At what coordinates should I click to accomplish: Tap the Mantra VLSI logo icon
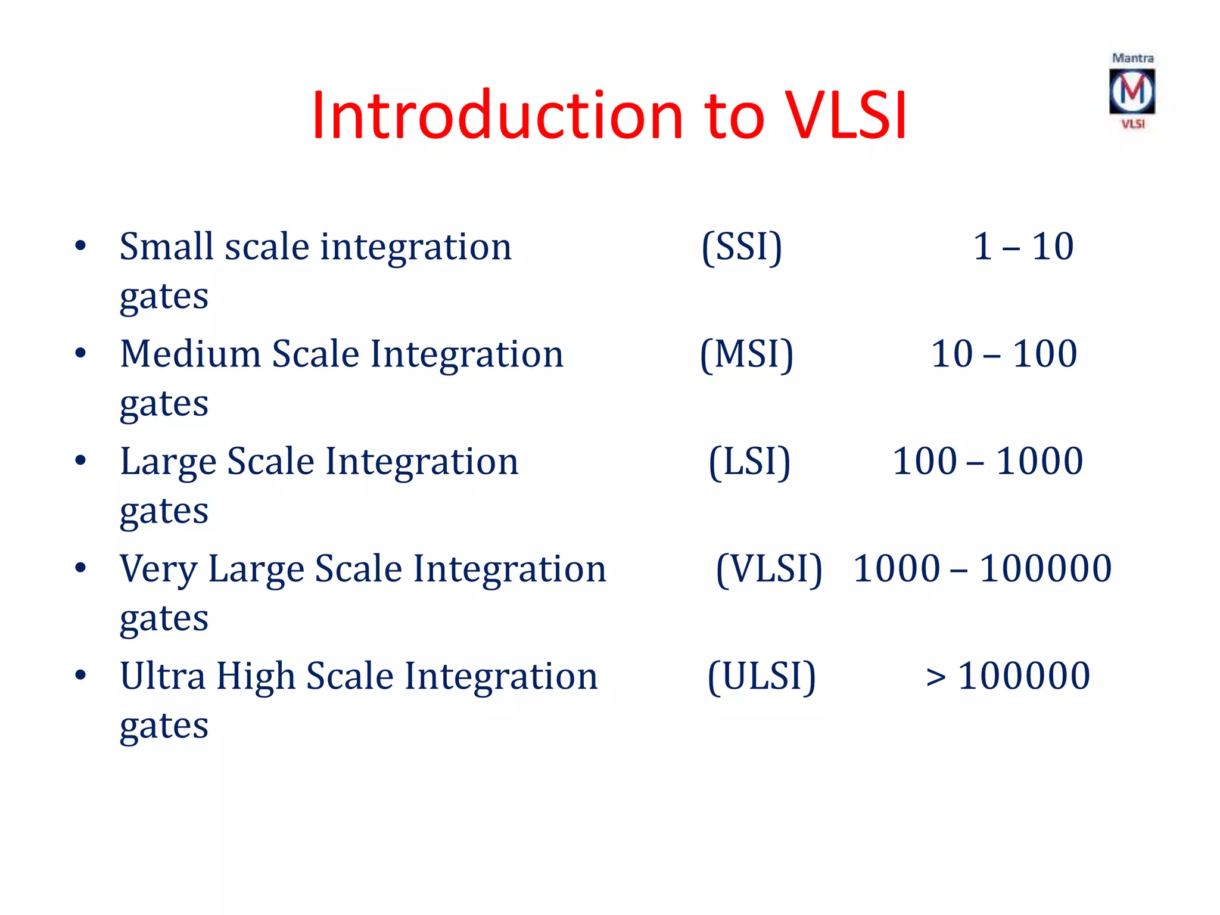click(1132, 92)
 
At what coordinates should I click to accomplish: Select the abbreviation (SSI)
click(742, 247)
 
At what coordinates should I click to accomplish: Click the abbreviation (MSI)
click(746, 354)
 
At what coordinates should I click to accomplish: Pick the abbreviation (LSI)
click(749, 462)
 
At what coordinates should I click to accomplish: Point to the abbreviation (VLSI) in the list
click(768, 569)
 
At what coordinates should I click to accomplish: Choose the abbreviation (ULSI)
click(761, 677)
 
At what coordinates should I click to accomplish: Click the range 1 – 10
click(1023, 247)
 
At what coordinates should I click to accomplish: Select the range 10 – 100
click(1004, 354)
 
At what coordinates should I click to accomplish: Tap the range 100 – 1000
click(987, 462)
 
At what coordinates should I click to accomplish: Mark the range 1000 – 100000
click(982, 569)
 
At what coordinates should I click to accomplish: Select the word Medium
click(191, 354)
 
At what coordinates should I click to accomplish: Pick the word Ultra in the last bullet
click(162, 677)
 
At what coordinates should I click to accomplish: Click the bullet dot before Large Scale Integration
click(80, 461)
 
